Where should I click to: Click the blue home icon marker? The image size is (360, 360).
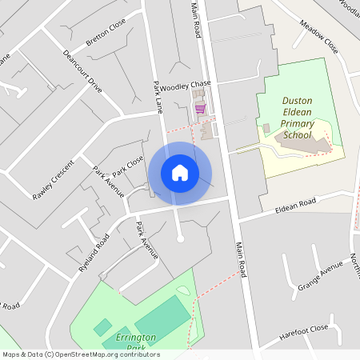(180, 173)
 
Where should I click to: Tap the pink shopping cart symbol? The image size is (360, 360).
(199, 108)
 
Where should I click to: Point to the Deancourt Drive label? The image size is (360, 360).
(82, 73)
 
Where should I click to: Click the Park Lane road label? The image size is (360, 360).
(158, 95)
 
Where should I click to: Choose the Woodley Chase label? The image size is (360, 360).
(185, 85)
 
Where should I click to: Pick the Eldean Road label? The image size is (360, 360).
(296, 206)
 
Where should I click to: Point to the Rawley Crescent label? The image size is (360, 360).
(53, 180)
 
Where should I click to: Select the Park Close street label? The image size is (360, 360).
(128, 167)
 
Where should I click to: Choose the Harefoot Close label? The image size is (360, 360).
(304, 330)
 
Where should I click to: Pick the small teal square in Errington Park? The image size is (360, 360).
(102, 327)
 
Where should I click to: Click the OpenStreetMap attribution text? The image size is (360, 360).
(80, 354)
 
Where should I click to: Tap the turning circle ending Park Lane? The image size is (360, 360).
(180, 238)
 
